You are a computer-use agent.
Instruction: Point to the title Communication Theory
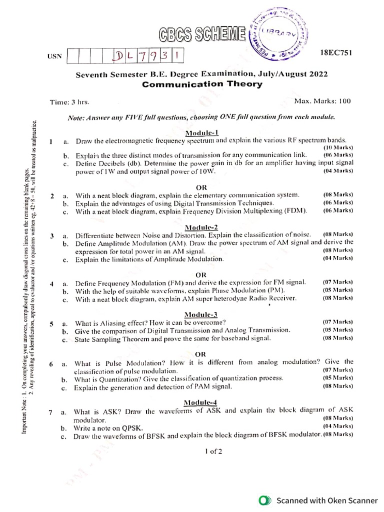202,84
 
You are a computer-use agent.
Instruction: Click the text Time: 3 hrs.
69,102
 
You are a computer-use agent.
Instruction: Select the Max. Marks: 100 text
322,101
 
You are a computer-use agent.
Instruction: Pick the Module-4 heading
200,402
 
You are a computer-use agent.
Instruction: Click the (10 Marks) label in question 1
338,148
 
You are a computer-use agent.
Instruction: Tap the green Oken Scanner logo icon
263,500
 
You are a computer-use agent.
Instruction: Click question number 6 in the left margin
51,364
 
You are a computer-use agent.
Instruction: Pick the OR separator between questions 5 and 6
200,354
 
